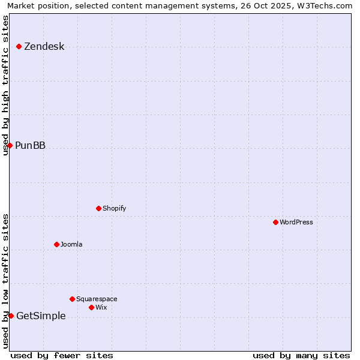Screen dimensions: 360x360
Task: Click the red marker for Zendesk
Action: coord(19,46)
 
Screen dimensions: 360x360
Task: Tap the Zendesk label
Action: coord(44,47)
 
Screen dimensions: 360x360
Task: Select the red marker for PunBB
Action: coord(10,145)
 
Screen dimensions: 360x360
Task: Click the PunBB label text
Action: coord(30,146)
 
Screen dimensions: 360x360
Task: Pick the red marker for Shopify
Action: coord(98,208)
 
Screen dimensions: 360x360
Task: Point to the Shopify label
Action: coord(114,208)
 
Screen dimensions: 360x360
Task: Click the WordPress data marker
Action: coord(275,222)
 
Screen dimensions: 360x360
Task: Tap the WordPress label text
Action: coord(296,222)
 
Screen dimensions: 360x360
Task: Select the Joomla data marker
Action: coord(56,244)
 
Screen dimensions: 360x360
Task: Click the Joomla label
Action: coord(71,244)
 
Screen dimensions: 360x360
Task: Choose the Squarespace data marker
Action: coord(72,299)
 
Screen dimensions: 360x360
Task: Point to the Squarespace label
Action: coord(97,299)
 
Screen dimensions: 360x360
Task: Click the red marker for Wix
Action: coord(91,307)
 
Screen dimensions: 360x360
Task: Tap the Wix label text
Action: coord(101,307)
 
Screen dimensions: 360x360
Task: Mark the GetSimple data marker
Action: coord(11,316)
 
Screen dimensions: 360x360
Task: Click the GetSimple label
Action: coord(41,316)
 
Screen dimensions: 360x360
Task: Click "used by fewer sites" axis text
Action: coord(62,355)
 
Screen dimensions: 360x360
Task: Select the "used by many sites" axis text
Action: coord(301,355)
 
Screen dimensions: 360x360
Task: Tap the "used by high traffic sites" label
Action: coord(6,85)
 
